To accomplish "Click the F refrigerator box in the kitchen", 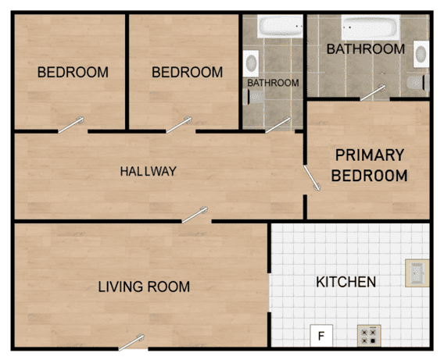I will (320, 337).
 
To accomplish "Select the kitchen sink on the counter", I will (416, 273).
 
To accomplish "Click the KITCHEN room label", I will (346, 282).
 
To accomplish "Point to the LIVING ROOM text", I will (144, 287).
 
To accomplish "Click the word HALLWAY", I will (148, 171).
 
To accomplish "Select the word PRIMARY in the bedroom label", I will (369, 155).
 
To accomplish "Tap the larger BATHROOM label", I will (366, 49).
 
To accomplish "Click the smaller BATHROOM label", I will (273, 83).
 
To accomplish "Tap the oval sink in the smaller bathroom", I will (252, 62).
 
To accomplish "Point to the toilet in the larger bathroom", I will (417, 82).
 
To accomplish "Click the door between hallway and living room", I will (196, 215).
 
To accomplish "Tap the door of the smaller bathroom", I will (279, 124).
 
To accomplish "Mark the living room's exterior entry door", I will (133, 341).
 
